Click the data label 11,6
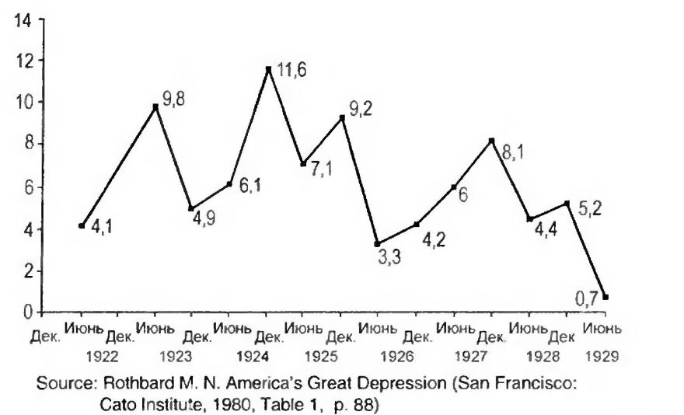click(x=290, y=71)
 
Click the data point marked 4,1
click(x=82, y=225)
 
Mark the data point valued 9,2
click(x=342, y=117)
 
